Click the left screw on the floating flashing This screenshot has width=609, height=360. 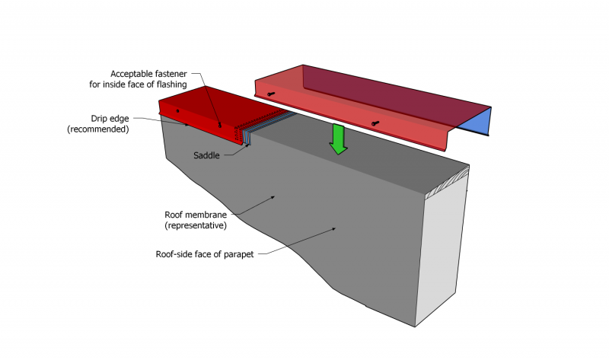coord(271,94)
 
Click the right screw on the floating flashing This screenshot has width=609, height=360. coord(375,123)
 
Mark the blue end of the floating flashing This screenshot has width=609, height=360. coord(476,121)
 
